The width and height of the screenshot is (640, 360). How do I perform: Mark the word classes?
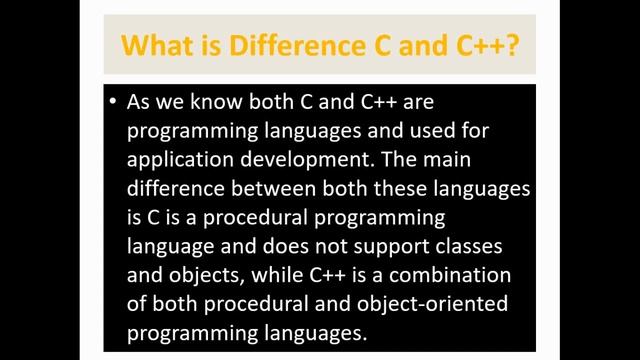[464, 243]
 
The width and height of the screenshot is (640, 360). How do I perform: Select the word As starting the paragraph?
[140, 102]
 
